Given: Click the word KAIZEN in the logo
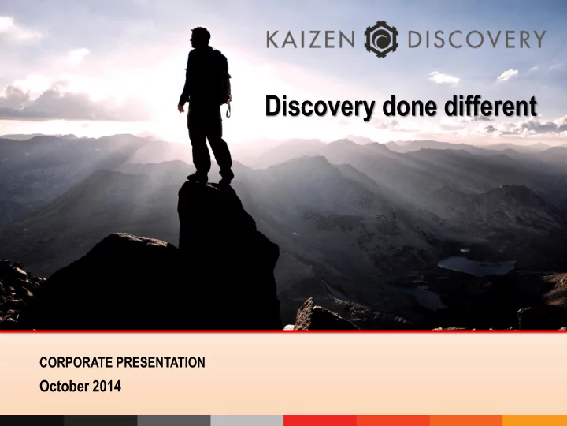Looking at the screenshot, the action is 310,39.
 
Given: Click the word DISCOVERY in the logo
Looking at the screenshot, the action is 476,39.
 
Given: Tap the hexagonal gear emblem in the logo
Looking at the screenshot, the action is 381,39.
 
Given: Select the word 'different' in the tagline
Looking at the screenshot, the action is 491,106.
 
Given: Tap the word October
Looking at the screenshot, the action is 63,386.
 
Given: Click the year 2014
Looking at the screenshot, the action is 106,386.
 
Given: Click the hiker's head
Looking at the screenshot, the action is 200,36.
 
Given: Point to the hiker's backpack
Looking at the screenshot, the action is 221,76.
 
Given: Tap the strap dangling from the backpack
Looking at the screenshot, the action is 228,109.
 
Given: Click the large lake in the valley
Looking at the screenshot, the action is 476,266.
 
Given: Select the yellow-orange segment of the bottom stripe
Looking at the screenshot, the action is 535,420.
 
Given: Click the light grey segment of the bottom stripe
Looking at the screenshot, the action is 247,420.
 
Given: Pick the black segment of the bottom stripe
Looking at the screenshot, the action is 31,420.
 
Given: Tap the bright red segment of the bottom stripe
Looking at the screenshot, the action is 320,420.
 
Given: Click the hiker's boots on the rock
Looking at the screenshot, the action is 210,177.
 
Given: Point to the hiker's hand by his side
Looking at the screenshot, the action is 182,107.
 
